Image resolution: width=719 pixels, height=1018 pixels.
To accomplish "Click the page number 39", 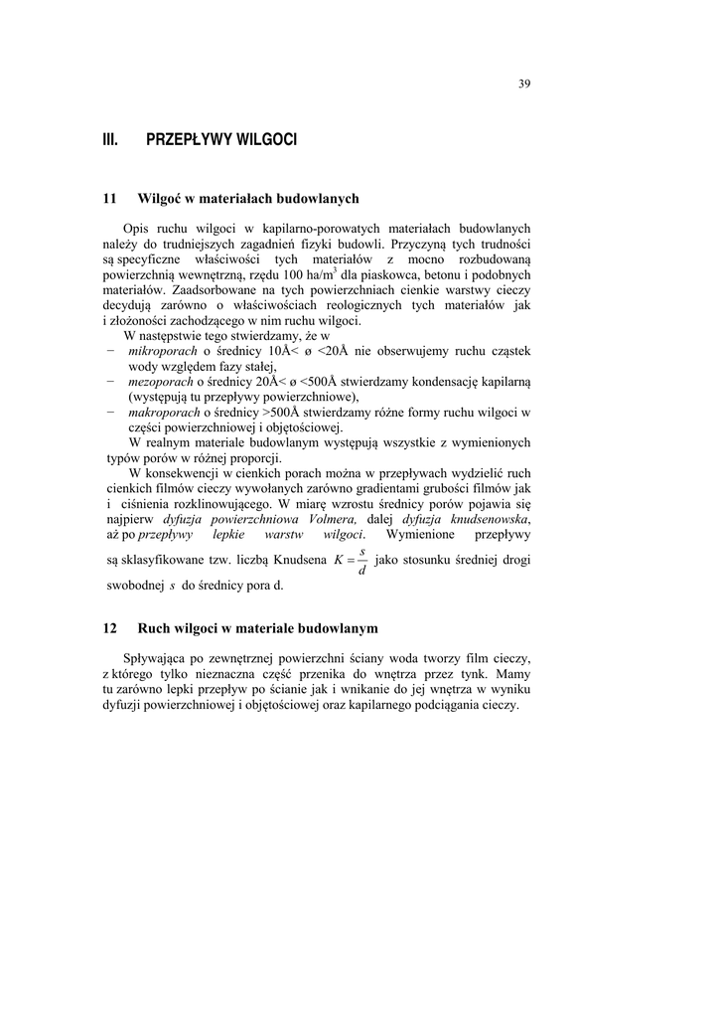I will (524, 84).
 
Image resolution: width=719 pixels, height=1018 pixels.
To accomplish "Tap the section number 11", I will (110, 199).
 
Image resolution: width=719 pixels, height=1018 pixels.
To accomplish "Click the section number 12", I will (110, 628).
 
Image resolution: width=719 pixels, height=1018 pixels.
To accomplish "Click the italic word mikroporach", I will (164, 351).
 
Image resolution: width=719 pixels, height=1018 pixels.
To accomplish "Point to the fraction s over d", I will (361, 561).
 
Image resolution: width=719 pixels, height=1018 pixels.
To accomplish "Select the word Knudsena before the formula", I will (298, 562).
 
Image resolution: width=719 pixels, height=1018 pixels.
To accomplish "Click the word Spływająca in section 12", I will (155, 657).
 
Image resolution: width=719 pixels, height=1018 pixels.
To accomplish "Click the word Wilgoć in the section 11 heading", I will (159, 199).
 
